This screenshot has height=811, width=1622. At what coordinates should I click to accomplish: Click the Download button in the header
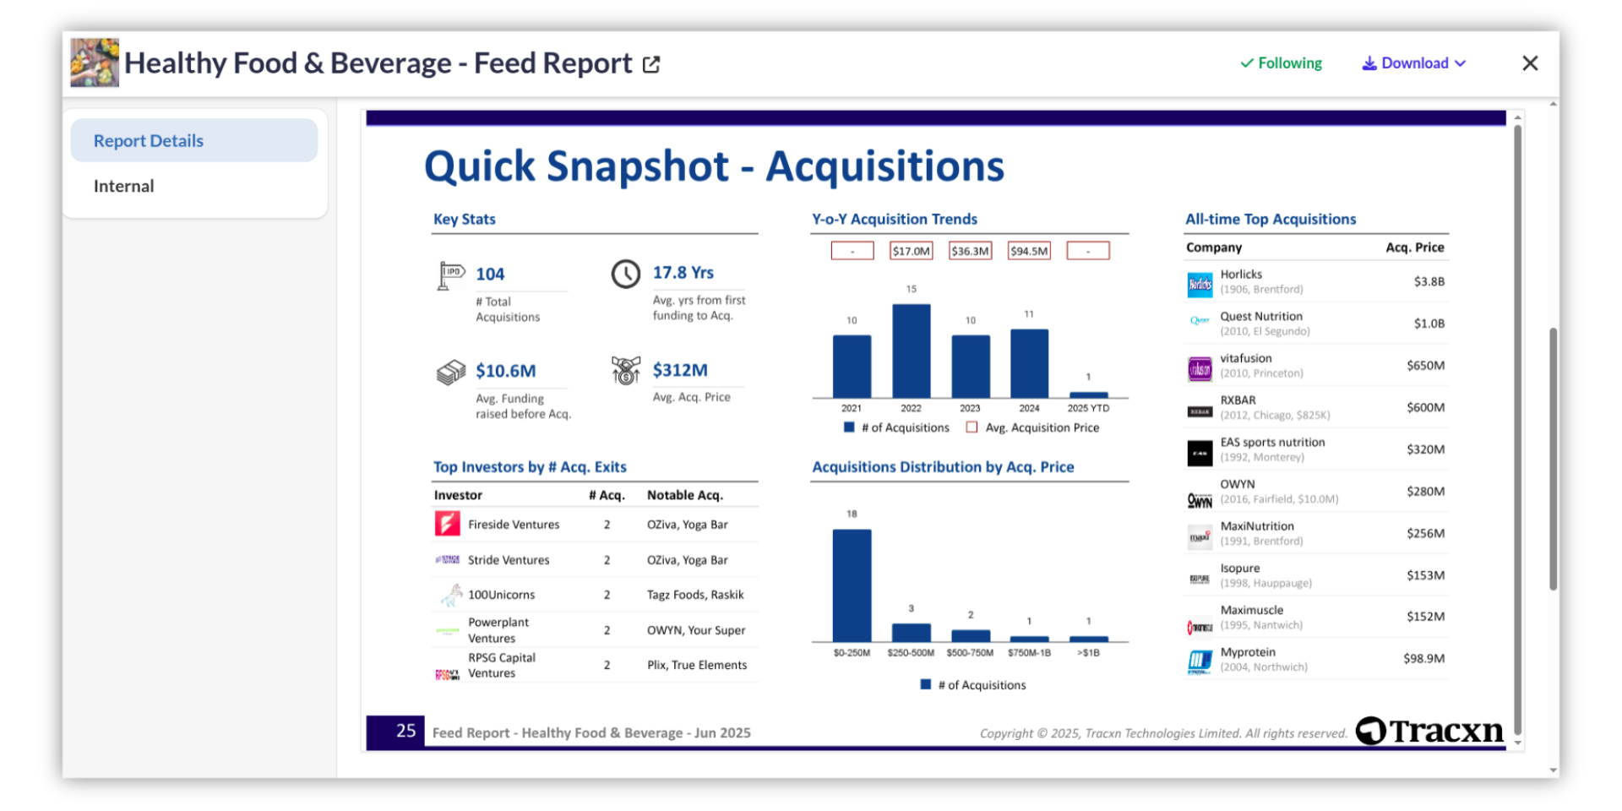click(x=1413, y=63)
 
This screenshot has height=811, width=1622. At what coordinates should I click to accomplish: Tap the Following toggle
click(x=1281, y=63)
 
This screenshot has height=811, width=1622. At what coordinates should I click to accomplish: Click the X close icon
click(x=1529, y=63)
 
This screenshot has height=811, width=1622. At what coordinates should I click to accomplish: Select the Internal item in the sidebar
click(x=124, y=186)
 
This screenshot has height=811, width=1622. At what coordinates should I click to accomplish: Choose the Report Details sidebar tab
click(x=149, y=141)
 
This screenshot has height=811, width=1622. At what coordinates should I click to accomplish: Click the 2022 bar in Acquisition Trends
click(x=911, y=351)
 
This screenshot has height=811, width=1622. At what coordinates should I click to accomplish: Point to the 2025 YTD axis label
click(x=1088, y=408)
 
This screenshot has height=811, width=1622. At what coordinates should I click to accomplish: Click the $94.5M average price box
click(x=1029, y=251)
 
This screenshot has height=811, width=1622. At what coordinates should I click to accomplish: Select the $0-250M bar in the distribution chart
click(x=852, y=585)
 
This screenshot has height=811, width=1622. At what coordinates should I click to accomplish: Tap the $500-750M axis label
click(x=970, y=653)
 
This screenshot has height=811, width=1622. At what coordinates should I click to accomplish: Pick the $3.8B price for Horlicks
click(x=1429, y=281)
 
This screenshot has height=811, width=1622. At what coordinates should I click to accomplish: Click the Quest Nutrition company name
click(x=1260, y=316)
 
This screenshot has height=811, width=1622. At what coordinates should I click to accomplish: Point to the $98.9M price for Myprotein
click(x=1423, y=658)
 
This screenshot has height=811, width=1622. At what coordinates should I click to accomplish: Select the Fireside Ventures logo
click(x=447, y=524)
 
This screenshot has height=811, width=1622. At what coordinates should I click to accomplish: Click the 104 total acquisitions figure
click(x=490, y=274)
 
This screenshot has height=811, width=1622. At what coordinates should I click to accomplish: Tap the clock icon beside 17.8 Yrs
click(x=626, y=274)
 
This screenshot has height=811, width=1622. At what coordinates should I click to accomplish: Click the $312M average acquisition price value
click(x=680, y=370)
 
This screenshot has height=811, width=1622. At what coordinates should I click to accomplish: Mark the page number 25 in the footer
click(x=405, y=731)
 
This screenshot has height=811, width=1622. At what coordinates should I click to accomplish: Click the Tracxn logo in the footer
click(x=1429, y=731)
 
